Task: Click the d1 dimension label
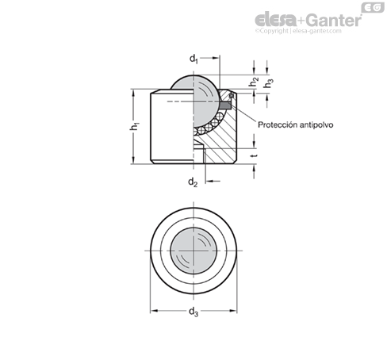tap(193, 59)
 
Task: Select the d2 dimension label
tap(193, 182)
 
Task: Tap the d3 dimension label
tap(193, 312)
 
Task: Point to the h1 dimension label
tap(135, 126)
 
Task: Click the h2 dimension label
tap(254, 82)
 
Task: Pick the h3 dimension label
tap(268, 83)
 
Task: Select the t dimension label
tap(255, 155)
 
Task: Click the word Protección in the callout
tap(278, 124)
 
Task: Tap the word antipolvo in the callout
tap(317, 124)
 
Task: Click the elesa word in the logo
tap(275, 20)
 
